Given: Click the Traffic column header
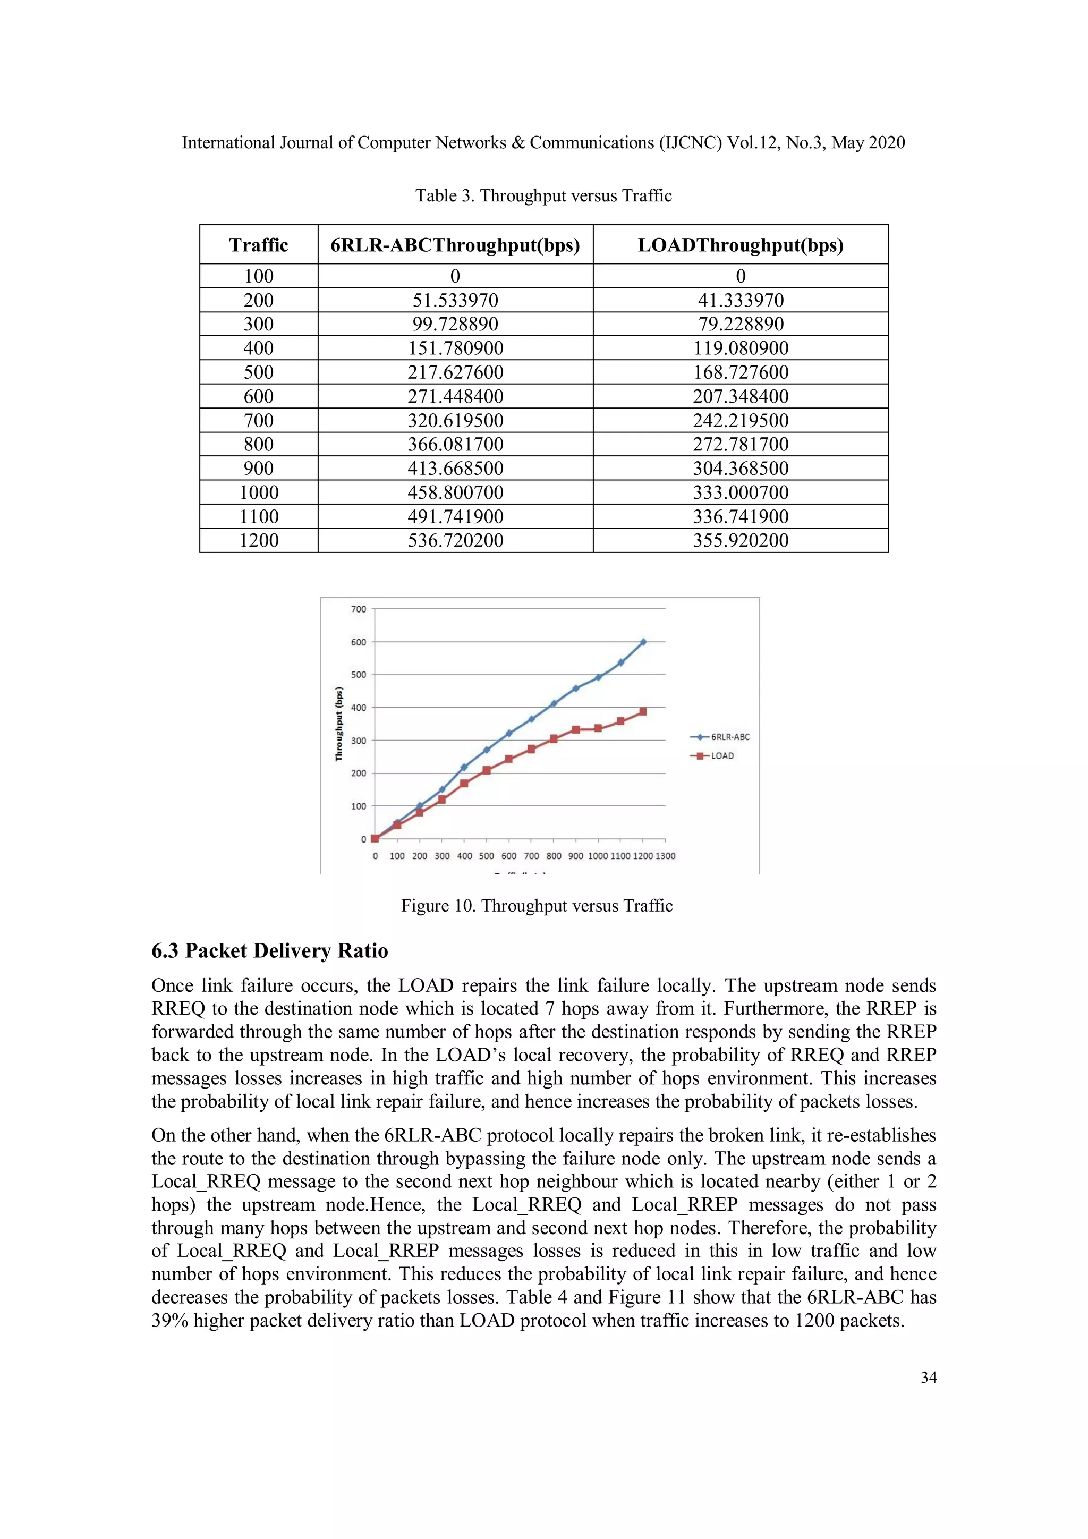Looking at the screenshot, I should [258, 245].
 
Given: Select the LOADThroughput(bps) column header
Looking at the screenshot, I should [740, 245].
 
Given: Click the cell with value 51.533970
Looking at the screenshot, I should [455, 300].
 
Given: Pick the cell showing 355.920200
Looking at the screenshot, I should [740, 540].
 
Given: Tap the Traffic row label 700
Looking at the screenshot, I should [258, 420].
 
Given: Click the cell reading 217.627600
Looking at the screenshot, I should [455, 372].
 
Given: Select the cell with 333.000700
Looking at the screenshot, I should [740, 492].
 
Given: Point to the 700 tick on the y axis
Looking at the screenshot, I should [359, 609].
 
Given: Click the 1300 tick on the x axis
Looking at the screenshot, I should [665, 856].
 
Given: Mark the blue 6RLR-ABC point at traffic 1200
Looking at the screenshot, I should [643, 642].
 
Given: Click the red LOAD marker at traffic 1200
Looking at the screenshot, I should [643, 711].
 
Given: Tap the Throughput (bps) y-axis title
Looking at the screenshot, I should [339, 724].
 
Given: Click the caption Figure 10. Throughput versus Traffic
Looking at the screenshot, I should [536, 906].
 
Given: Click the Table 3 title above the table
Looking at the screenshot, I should [543, 195].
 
